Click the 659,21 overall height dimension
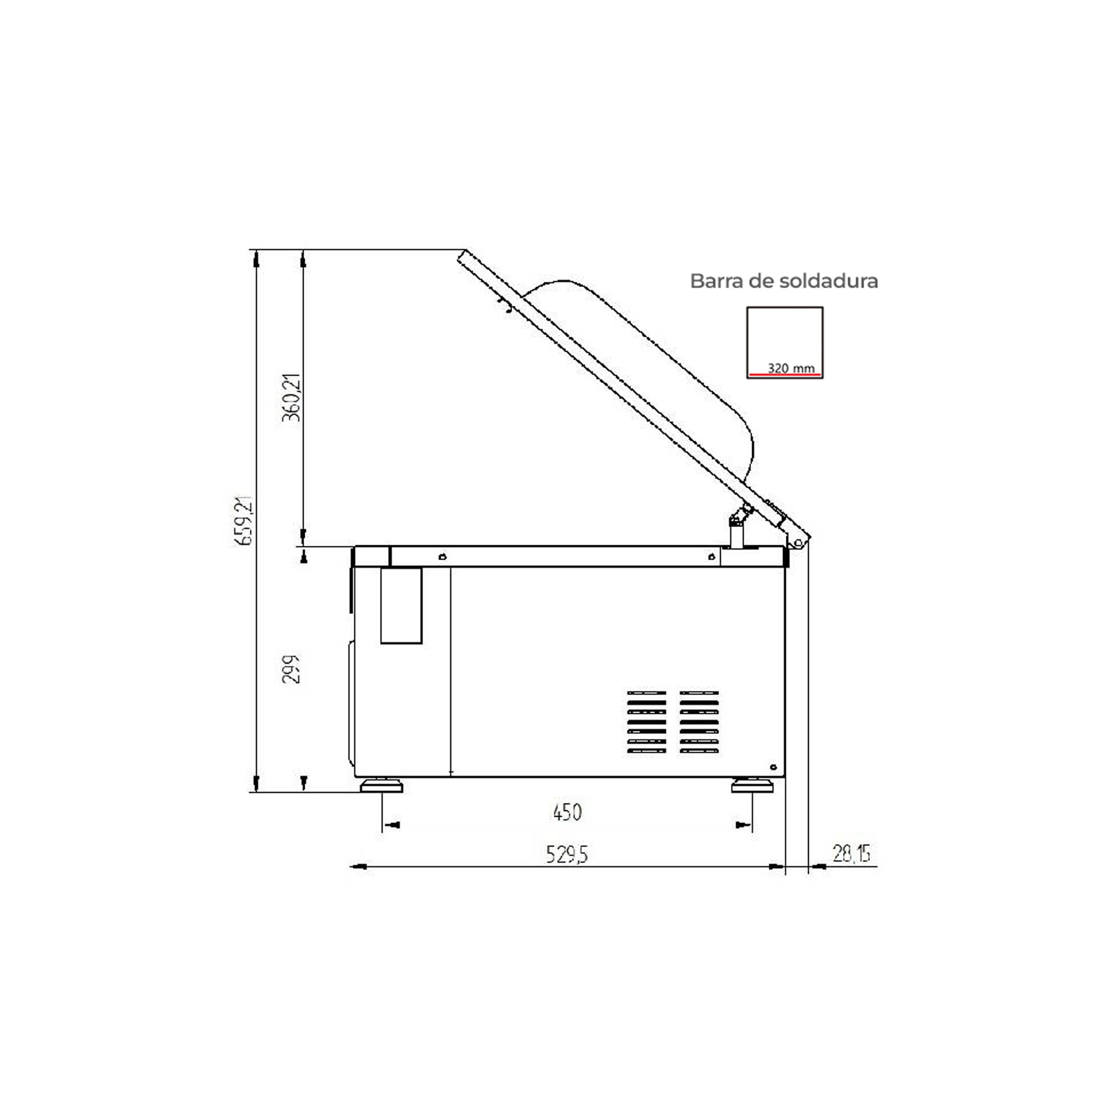[244, 520]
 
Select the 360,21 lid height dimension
[291, 397]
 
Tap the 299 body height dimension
[291, 669]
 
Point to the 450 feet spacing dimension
[567, 812]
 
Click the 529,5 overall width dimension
[566, 855]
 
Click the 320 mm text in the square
[791, 369]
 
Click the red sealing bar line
[785, 375]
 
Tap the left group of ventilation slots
[647, 722]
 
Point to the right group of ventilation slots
[699, 722]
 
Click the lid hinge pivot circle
[798, 542]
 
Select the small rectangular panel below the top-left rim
[401, 605]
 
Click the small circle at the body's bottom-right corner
[773, 767]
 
